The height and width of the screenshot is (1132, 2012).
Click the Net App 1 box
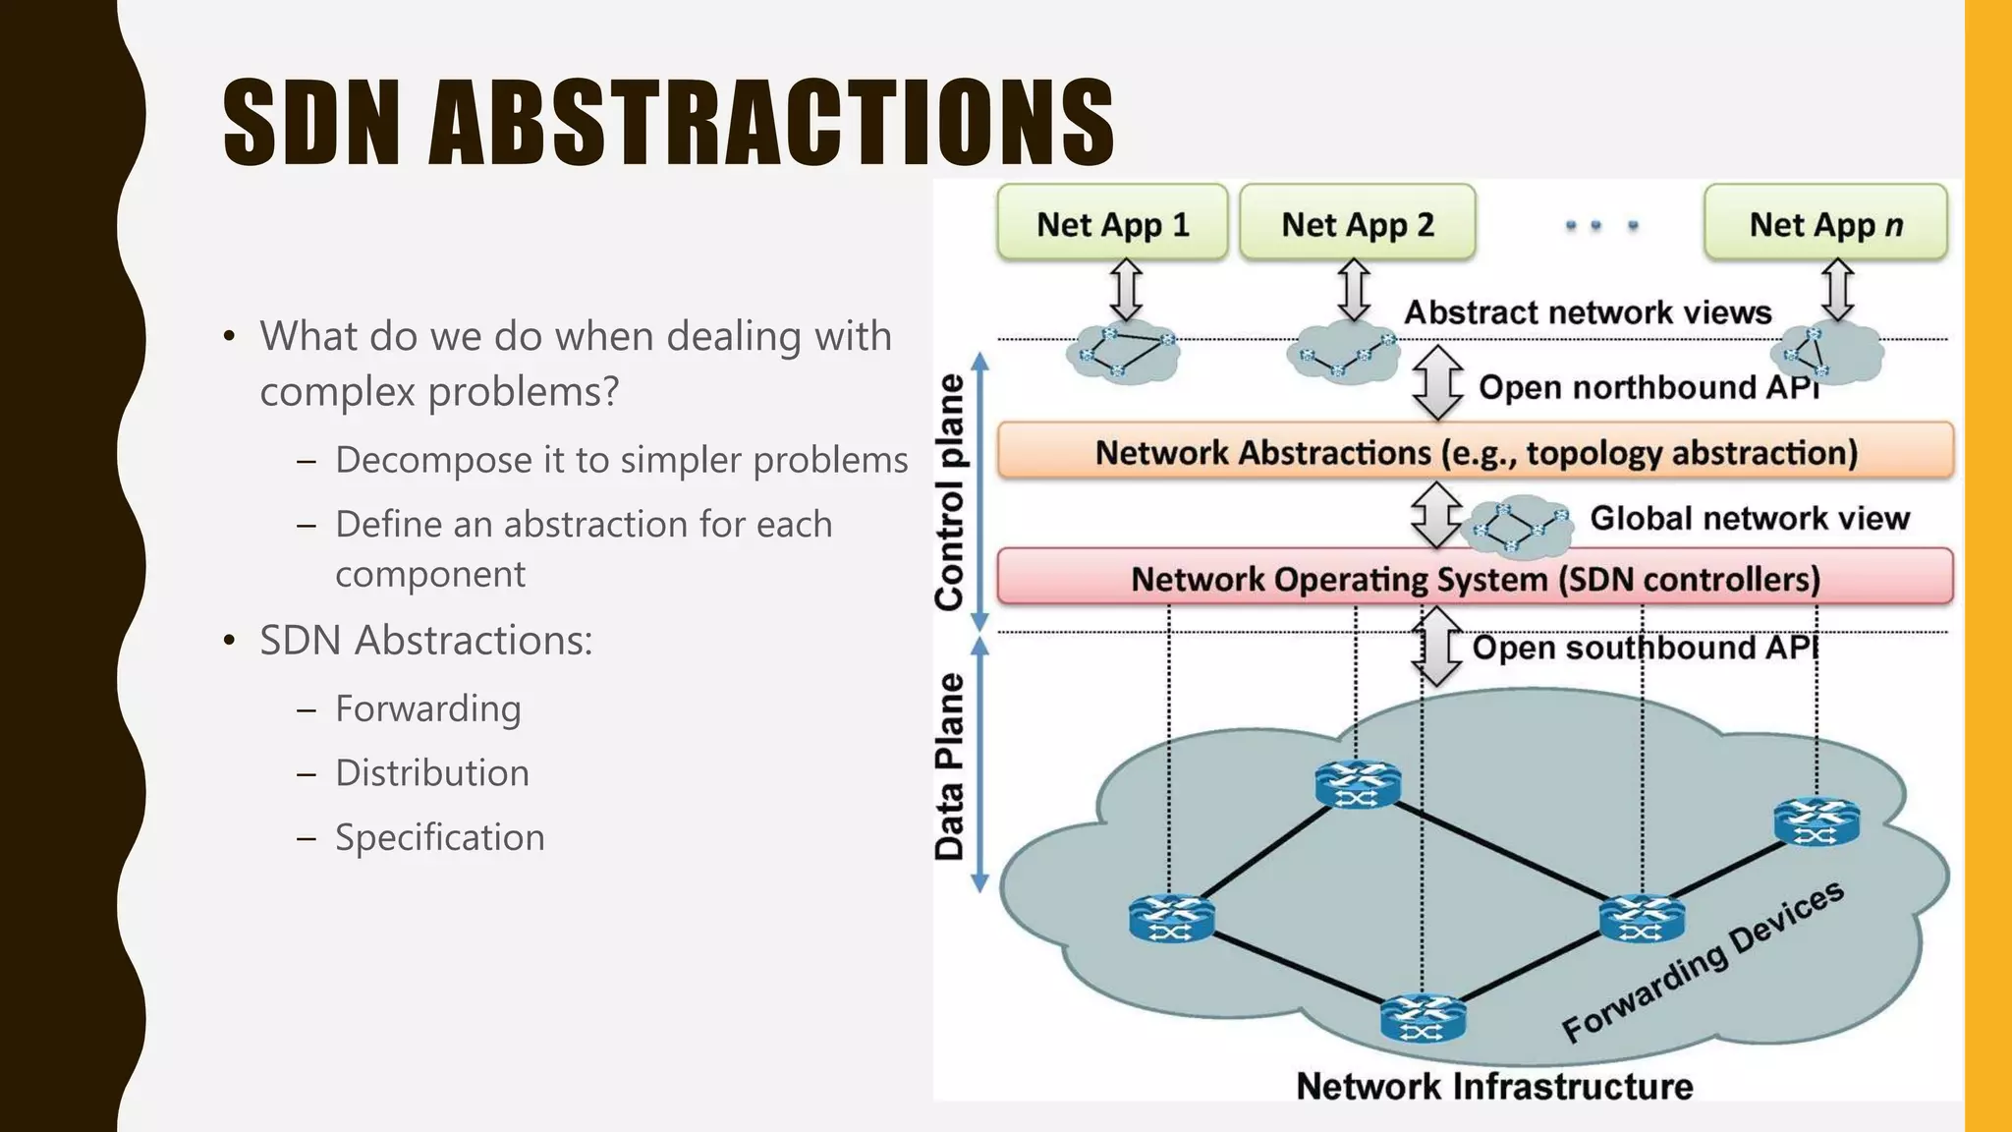coord(1112,224)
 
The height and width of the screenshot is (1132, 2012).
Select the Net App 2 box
coord(1357,224)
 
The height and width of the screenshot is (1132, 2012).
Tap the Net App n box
coord(1825,224)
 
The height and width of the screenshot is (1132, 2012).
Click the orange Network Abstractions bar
coord(1476,452)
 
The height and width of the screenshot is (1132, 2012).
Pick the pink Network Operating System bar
coord(1476,578)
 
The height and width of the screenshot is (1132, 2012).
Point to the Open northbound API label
coord(1649,387)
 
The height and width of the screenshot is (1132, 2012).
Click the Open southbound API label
coord(1645,648)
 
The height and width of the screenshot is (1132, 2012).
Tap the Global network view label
coord(1750,518)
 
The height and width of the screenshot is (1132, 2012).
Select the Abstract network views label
coord(1588,312)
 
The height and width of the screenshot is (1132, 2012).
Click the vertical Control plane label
coord(950,491)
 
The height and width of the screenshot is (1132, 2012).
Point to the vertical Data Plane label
coord(950,766)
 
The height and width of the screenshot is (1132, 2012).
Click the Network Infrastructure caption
coord(1494,1086)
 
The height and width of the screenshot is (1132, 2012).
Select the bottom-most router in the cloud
coord(1423,1018)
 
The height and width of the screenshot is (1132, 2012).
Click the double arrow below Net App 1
coord(1126,289)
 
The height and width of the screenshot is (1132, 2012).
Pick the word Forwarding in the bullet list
coord(428,708)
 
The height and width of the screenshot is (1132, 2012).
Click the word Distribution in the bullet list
coord(432,773)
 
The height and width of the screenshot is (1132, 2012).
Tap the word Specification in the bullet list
coord(440,837)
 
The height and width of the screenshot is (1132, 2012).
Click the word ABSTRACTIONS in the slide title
coord(771,124)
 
